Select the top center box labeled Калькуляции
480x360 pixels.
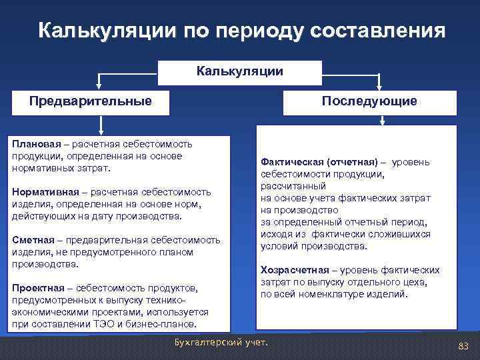tap(240, 71)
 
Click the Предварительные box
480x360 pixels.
tap(91, 101)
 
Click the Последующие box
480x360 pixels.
tap(369, 102)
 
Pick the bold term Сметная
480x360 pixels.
tap(29, 240)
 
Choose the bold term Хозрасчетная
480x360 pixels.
tap(294, 270)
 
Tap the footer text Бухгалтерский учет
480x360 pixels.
tap(219, 343)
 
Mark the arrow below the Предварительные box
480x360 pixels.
tap(101, 125)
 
